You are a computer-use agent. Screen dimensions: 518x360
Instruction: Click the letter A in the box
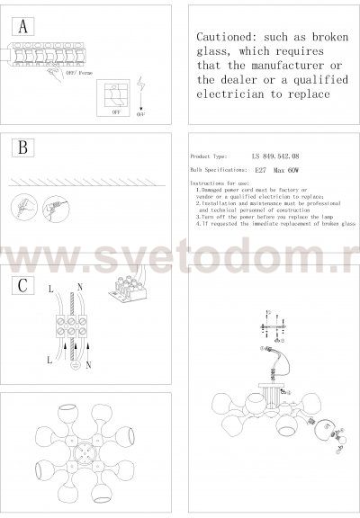coord(23,27)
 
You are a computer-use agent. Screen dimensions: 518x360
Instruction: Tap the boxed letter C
coord(23,284)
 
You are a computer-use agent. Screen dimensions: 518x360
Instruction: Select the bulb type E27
coord(262,168)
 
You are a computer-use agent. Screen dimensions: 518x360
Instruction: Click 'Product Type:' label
coord(213,156)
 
